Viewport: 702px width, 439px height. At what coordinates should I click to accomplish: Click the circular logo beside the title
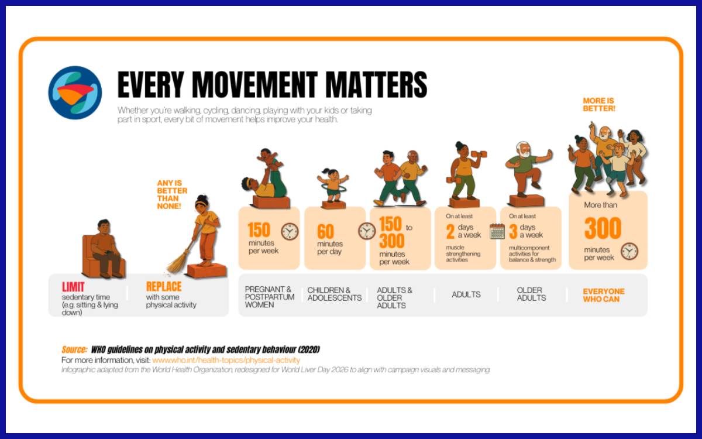pyautogui.click(x=75, y=92)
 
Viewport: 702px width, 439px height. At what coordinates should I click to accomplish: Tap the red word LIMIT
pyautogui.click(x=73, y=287)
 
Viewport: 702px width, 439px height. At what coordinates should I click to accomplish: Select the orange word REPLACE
pyautogui.click(x=164, y=286)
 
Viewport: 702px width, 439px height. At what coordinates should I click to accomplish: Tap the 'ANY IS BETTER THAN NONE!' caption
pyautogui.click(x=172, y=194)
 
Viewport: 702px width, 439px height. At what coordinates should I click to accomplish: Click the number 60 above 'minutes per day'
pyautogui.click(x=325, y=231)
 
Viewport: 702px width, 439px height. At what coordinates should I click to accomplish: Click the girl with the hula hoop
pyautogui.click(x=333, y=185)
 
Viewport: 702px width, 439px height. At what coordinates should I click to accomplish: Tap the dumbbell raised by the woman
pyautogui.click(x=479, y=155)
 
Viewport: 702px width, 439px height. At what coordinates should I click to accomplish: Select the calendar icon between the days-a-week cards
pyautogui.click(x=497, y=231)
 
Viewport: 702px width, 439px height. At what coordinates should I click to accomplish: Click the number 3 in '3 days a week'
pyautogui.click(x=513, y=231)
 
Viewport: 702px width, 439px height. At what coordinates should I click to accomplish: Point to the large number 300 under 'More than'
pyautogui.click(x=603, y=228)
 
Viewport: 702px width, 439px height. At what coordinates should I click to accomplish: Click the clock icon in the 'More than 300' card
pyautogui.click(x=629, y=251)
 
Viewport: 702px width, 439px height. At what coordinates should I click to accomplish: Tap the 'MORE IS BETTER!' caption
pyautogui.click(x=599, y=105)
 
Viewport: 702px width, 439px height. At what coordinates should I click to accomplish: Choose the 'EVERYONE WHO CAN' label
pyautogui.click(x=604, y=295)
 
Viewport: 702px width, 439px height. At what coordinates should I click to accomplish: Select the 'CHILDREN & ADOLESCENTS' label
pyautogui.click(x=335, y=294)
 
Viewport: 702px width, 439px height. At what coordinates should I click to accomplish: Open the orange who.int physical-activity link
pyautogui.click(x=226, y=360)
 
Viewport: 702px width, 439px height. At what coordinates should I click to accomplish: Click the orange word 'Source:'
pyautogui.click(x=74, y=349)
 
